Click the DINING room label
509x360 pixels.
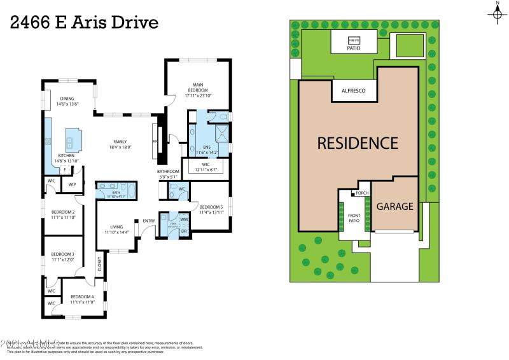coord(67,99)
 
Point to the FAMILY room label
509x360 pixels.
coord(120,142)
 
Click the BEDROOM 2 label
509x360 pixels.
coord(63,212)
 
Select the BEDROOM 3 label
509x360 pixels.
coord(63,254)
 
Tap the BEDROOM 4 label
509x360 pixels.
coord(82,297)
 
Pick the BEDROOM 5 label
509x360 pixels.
coord(211,207)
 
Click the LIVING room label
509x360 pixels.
coord(116,226)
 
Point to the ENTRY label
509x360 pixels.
coord(149,221)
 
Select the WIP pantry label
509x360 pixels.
coord(72,184)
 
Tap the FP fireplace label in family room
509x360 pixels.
coord(155,142)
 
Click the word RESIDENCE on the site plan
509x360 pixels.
coord(358,143)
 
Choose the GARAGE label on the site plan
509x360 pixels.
coord(394,206)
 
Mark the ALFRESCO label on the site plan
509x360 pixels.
coord(354,92)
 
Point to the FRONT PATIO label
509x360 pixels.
coord(354,218)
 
